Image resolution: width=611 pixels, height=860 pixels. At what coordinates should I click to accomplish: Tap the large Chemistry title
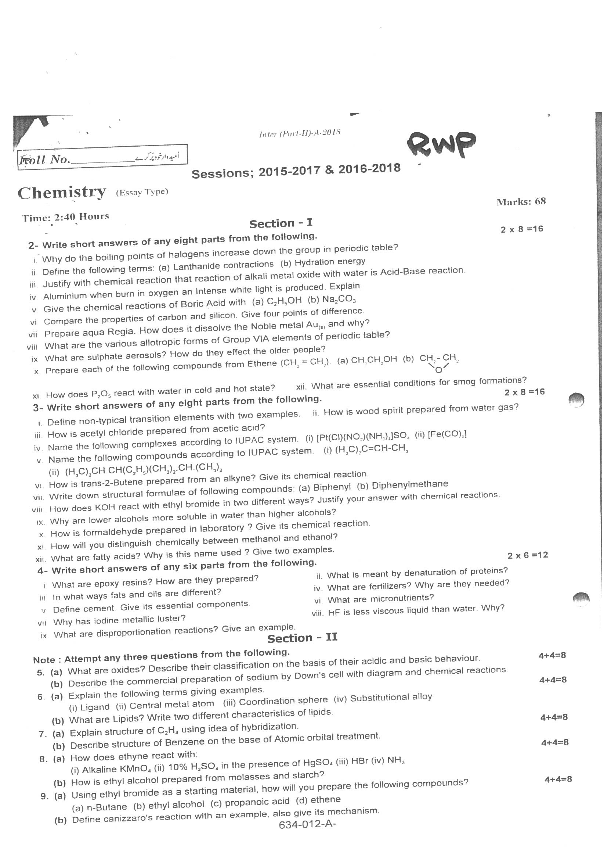[62, 193]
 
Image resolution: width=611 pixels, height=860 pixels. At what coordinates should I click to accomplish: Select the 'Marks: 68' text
[521, 202]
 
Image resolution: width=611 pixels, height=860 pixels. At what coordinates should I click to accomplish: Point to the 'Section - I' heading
[281, 223]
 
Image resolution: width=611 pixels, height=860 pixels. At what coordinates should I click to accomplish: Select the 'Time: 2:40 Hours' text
[65, 217]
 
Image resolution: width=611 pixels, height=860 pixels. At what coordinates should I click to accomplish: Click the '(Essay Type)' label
[142, 192]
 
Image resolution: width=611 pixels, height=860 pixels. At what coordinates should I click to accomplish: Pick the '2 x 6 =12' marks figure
[528, 555]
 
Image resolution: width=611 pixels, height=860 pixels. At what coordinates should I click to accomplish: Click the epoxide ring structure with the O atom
[439, 363]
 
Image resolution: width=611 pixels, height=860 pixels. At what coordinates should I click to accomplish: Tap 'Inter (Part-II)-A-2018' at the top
[300, 133]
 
